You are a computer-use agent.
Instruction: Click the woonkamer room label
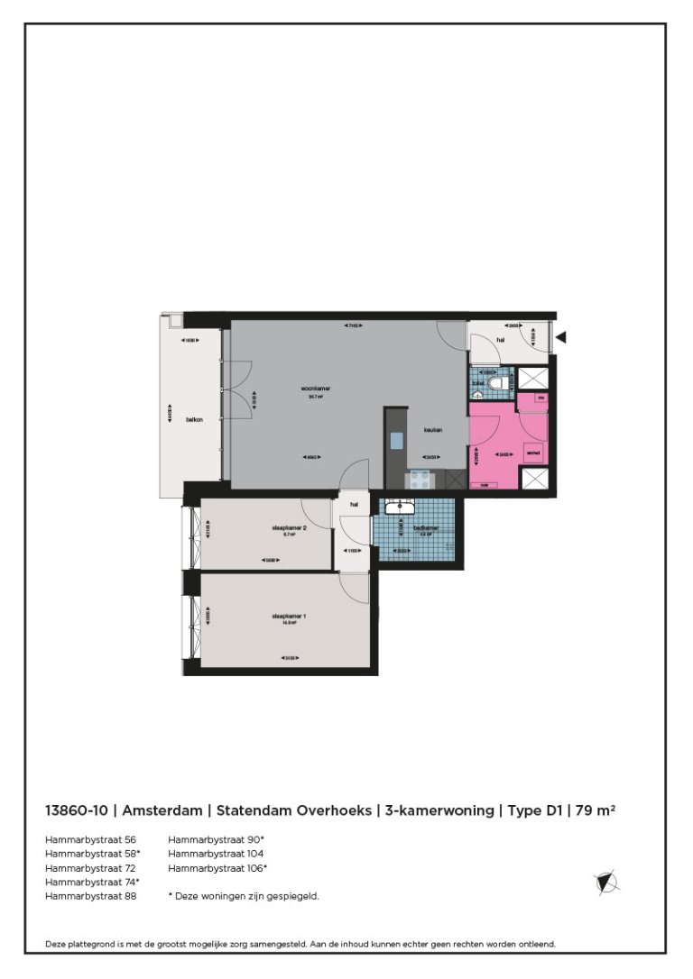pyautogui.click(x=316, y=389)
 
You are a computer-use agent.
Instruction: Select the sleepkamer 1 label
pyautogui.click(x=290, y=617)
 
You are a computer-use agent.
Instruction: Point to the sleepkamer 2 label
pyautogui.click(x=290, y=527)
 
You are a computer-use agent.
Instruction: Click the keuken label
pyautogui.click(x=434, y=430)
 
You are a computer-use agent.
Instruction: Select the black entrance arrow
pyautogui.click(x=560, y=338)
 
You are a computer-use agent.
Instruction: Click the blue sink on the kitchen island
pyautogui.click(x=397, y=441)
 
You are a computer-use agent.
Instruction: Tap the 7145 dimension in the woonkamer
pyautogui.click(x=353, y=325)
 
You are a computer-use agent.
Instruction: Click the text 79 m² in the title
pyautogui.click(x=596, y=810)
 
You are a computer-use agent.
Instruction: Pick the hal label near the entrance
pyautogui.click(x=499, y=340)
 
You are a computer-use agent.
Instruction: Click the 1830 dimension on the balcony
pyautogui.click(x=189, y=340)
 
